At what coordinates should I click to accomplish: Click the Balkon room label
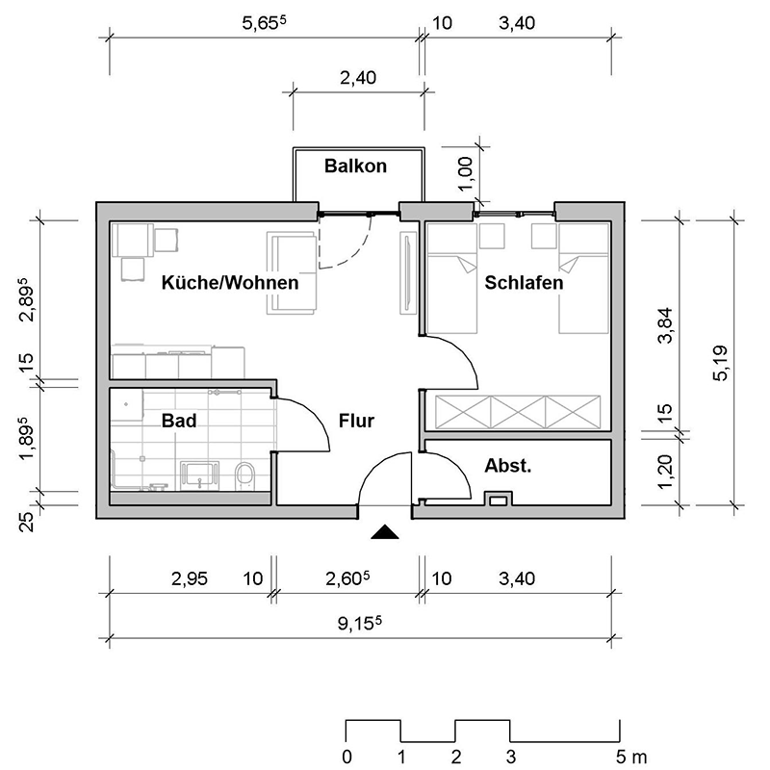(355, 167)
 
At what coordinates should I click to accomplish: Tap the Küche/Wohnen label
(230, 284)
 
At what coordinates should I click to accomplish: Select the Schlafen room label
(524, 284)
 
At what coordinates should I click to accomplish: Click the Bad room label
(179, 421)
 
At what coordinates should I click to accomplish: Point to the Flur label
(356, 421)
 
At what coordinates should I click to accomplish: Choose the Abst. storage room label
(508, 467)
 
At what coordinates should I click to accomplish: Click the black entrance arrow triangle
(385, 530)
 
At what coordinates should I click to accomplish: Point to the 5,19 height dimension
(720, 363)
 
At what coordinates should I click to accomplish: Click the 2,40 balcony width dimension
(358, 79)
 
